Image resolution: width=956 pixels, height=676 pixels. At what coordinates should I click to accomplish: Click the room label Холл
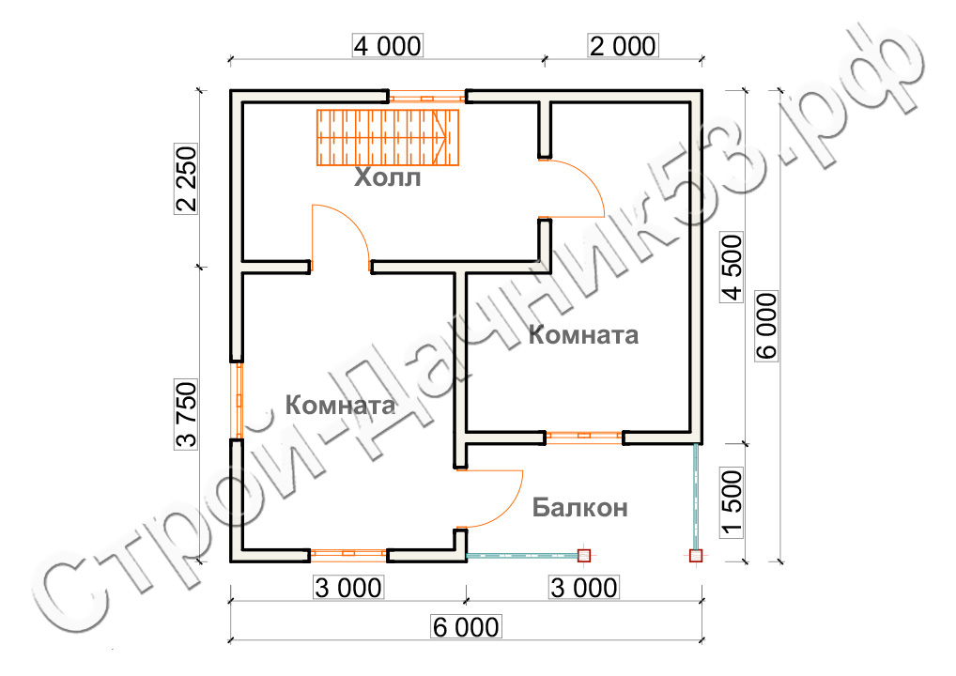coord(388,177)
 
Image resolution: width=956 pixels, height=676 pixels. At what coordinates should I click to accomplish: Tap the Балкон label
coord(579,507)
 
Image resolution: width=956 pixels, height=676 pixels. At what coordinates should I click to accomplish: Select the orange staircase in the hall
coord(388,138)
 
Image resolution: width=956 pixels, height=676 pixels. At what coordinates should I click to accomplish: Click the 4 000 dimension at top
coord(388,46)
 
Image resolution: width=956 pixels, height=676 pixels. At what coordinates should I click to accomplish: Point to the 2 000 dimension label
coord(623,46)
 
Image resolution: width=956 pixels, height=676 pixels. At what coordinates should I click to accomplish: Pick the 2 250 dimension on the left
coord(187,178)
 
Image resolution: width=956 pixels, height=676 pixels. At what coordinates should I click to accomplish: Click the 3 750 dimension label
coord(187,414)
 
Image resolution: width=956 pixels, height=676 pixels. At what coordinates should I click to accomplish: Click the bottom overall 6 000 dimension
coord(467,626)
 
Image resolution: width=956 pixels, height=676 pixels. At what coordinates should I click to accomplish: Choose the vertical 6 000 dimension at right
coord(767,326)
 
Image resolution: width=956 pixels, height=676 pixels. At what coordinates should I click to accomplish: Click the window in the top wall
coord(426,97)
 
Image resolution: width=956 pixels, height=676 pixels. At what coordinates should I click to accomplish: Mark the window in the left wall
coord(238,401)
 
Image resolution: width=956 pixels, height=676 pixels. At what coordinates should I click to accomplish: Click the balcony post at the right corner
coord(696,555)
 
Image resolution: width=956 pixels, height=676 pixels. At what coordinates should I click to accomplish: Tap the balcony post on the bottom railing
coord(584,555)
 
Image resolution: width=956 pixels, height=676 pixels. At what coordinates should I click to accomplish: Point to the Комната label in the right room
coord(583,334)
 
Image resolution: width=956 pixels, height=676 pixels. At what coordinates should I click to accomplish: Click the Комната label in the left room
coord(340,406)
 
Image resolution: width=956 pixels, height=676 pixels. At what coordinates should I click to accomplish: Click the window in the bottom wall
coord(348,554)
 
